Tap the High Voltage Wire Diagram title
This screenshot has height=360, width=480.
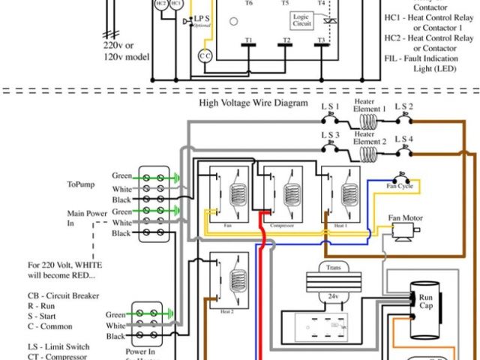[x=253, y=103]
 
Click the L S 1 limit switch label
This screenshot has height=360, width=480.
[x=331, y=106]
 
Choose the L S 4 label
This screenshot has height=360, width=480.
[x=406, y=139]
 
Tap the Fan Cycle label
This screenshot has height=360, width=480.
[x=400, y=185]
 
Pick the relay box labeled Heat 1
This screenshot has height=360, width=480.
[x=342, y=196]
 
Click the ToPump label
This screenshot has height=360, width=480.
[x=82, y=183]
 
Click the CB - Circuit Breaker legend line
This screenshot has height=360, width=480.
[x=64, y=296]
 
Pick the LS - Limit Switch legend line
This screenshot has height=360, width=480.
[x=59, y=347]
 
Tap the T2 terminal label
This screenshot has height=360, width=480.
[x=286, y=40]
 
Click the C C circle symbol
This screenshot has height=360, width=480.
[x=205, y=55]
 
